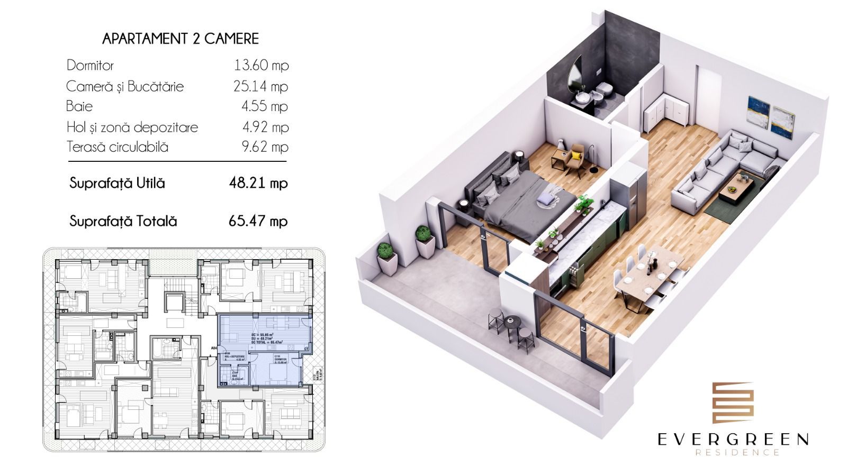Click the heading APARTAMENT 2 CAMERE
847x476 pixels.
click(x=181, y=39)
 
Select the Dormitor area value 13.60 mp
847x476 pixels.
click(x=261, y=66)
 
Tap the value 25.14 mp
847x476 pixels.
click(x=261, y=86)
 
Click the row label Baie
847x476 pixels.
click(x=79, y=106)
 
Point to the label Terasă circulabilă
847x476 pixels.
click(x=117, y=147)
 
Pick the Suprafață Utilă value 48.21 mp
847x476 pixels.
click(x=258, y=184)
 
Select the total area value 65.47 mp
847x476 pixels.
click(x=258, y=221)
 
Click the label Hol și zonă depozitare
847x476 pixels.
click(x=132, y=127)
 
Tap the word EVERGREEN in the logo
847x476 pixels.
click(x=733, y=439)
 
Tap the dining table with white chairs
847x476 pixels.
click(x=647, y=275)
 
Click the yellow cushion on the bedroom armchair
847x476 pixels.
click(x=573, y=155)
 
